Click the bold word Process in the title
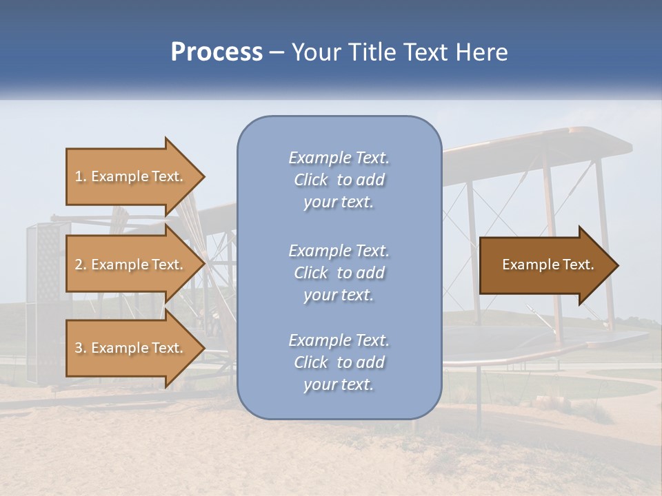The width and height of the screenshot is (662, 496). click(217, 52)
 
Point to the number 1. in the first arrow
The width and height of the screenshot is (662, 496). click(81, 177)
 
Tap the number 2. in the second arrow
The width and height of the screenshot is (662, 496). click(81, 265)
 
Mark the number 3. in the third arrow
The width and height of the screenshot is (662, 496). click(81, 349)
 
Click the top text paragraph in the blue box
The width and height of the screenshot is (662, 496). click(339, 180)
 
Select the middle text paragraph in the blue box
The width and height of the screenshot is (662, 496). click(339, 273)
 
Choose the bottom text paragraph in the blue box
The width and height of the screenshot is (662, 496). click(339, 362)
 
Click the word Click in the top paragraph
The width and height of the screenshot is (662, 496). click(311, 180)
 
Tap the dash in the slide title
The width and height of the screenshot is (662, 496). click(277, 53)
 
